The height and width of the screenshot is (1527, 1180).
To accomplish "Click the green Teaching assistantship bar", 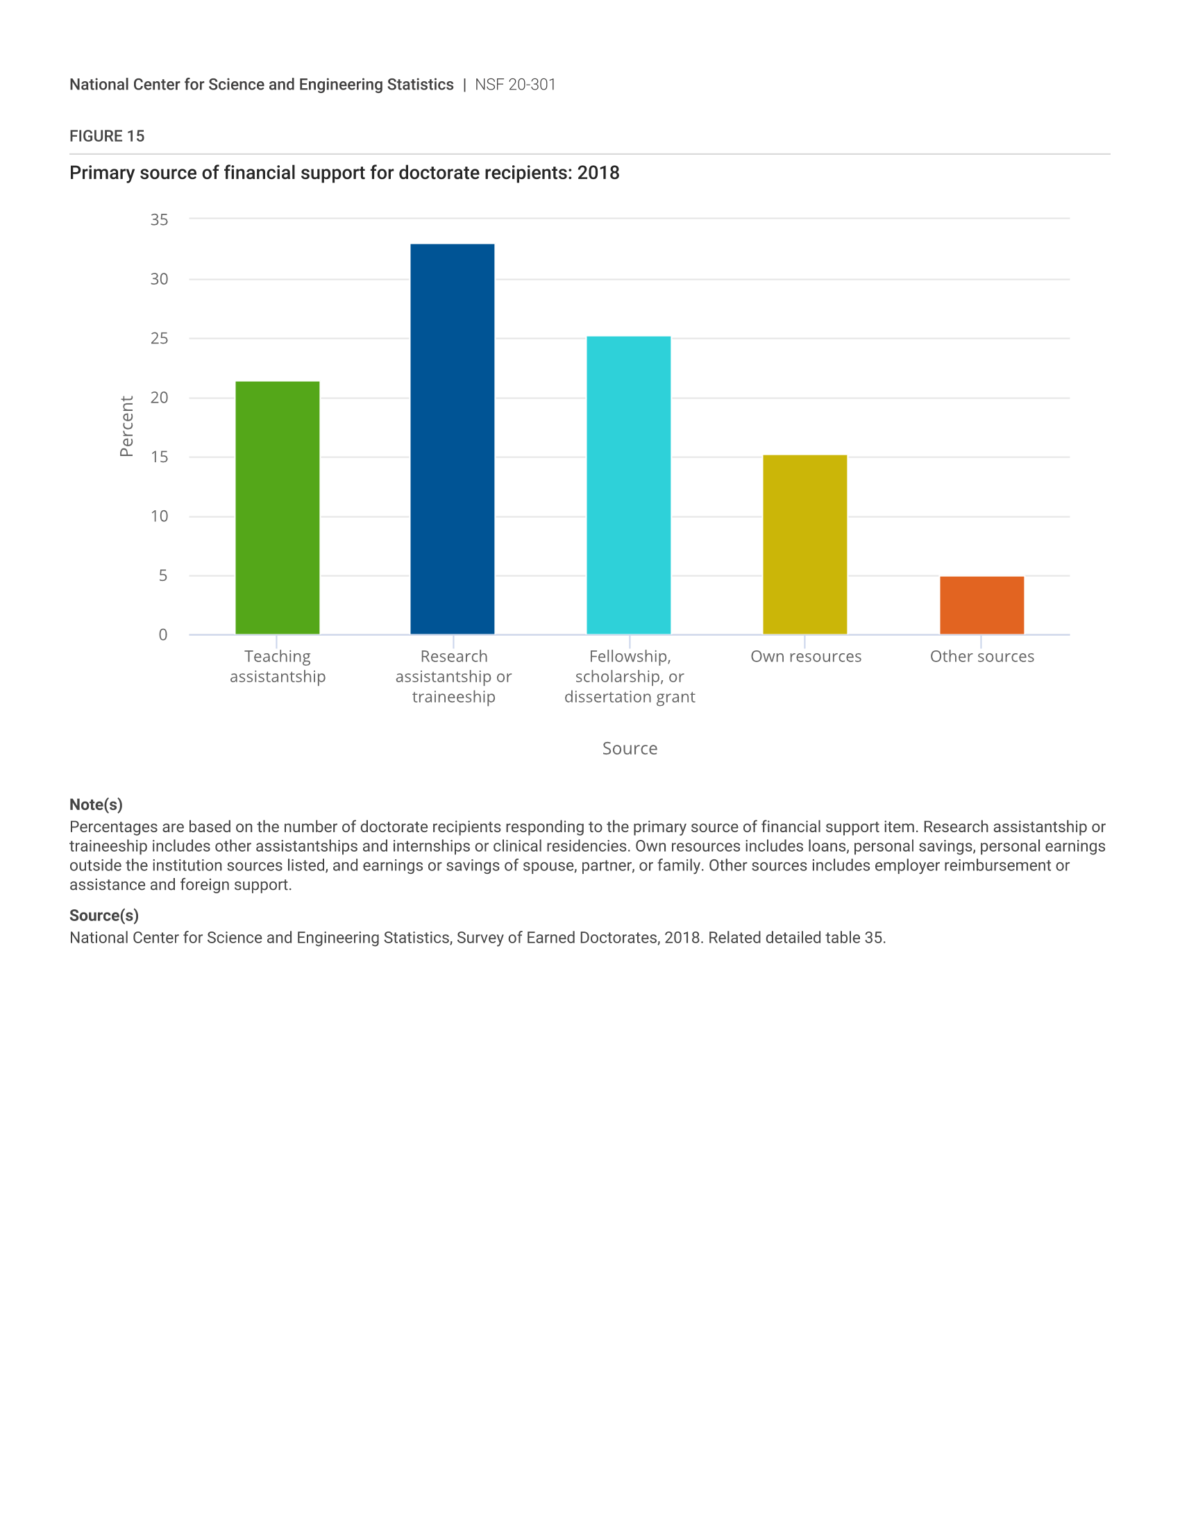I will pyautogui.click(x=278, y=507).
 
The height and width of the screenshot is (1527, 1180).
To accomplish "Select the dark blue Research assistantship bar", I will pyautogui.click(x=453, y=439).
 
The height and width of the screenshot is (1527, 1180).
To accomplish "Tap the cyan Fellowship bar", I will pyautogui.click(x=628, y=485).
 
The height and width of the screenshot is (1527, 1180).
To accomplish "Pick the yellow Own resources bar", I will pyautogui.click(x=804, y=545).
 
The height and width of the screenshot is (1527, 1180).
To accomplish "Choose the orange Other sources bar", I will pyautogui.click(x=981, y=605).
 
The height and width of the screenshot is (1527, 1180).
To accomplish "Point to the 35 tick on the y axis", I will pyautogui.click(x=160, y=219).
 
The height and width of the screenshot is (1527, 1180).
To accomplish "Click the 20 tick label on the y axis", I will pyautogui.click(x=160, y=398).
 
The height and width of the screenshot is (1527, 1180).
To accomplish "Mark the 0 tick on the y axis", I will pyautogui.click(x=163, y=635).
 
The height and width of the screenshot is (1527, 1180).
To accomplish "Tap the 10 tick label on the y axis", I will pyautogui.click(x=160, y=516).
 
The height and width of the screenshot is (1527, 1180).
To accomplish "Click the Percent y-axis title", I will pyautogui.click(x=126, y=426).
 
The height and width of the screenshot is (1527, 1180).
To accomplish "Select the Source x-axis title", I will pyautogui.click(x=630, y=749).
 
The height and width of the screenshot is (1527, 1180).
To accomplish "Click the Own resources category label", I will pyautogui.click(x=806, y=657).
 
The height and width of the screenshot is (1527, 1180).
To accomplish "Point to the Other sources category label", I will pyautogui.click(x=981, y=657).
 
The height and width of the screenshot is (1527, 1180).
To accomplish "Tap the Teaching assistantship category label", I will pyautogui.click(x=278, y=666).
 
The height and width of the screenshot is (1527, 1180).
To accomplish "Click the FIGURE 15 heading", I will pyautogui.click(x=107, y=136).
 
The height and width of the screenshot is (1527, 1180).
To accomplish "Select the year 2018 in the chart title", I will pyautogui.click(x=598, y=173).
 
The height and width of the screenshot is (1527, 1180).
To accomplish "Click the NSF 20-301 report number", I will pyautogui.click(x=515, y=85).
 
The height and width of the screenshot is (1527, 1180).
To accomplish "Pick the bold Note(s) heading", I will pyautogui.click(x=96, y=804).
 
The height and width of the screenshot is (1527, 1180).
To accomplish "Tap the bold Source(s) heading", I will pyautogui.click(x=104, y=916).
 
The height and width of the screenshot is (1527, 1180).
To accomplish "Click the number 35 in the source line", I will pyautogui.click(x=874, y=938).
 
